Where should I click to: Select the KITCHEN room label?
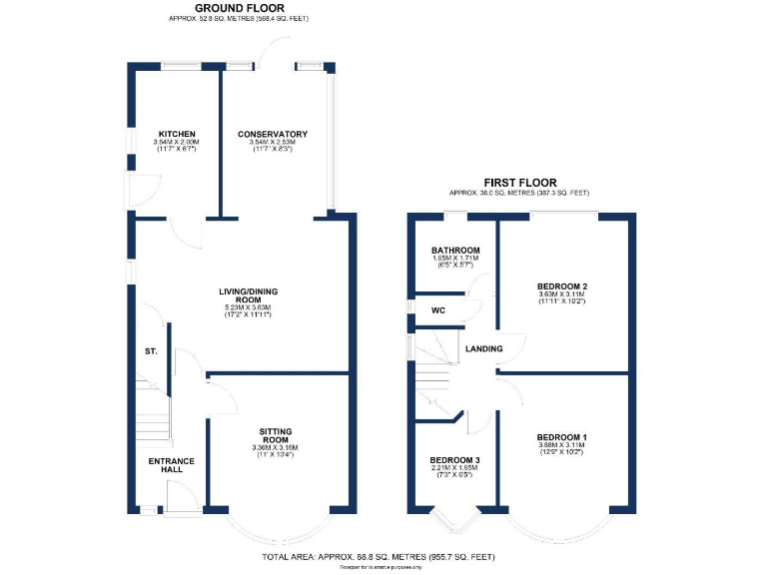[x=176, y=134]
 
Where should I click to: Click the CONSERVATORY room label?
[x=272, y=134]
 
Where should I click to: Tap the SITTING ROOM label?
[x=275, y=435]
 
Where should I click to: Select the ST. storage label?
[x=151, y=351]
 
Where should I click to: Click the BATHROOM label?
[x=455, y=250]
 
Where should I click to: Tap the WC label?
[x=437, y=310]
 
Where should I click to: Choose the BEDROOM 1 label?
[x=561, y=437]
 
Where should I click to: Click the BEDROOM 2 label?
[x=562, y=287]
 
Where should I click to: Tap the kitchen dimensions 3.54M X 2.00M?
[x=176, y=143]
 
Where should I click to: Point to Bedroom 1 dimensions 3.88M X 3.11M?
[x=561, y=446]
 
